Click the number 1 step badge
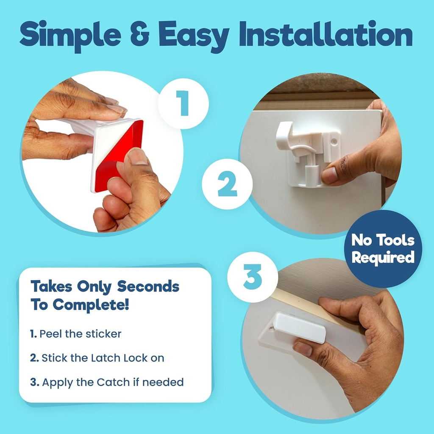tap(183, 103)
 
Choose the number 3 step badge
tap(253, 276)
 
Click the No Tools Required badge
tap(383, 249)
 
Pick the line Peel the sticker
tap(76, 334)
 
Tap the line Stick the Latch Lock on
tap(97, 358)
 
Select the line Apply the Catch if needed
tap(107, 382)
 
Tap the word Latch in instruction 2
tap(106, 358)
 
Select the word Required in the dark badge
tap(383, 257)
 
